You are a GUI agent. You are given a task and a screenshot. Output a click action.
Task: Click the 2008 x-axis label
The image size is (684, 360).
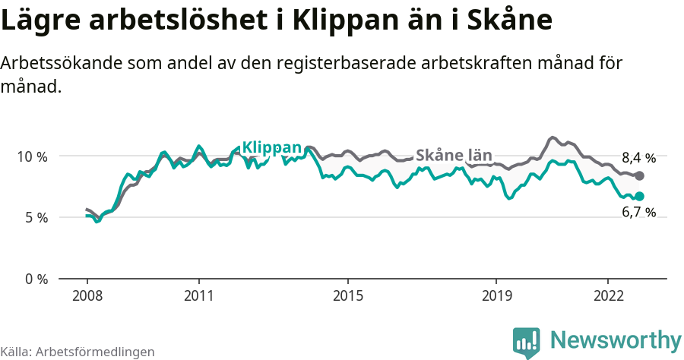pyautogui.click(x=87, y=295)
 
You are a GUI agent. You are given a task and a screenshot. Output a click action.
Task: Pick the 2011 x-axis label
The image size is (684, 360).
pyautogui.click(x=198, y=295)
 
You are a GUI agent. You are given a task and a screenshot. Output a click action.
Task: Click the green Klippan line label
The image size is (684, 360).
pyautogui.click(x=271, y=147)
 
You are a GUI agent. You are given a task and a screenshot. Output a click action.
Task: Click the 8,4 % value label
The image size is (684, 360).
pyautogui.click(x=638, y=158)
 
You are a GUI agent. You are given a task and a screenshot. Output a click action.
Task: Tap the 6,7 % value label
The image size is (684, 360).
pyautogui.click(x=638, y=213)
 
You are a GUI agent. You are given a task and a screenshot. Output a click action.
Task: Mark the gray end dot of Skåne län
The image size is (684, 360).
pyautogui.click(x=639, y=176)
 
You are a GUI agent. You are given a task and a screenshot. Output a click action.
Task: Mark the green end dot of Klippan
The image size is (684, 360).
pyautogui.click(x=639, y=196)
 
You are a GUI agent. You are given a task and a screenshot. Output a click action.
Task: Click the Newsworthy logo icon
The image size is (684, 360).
pyautogui.click(x=527, y=342)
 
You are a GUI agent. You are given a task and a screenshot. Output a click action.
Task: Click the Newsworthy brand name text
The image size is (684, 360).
pyautogui.click(x=616, y=339)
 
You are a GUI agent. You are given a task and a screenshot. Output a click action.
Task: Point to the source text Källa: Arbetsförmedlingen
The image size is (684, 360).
pyautogui.click(x=78, y=352)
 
